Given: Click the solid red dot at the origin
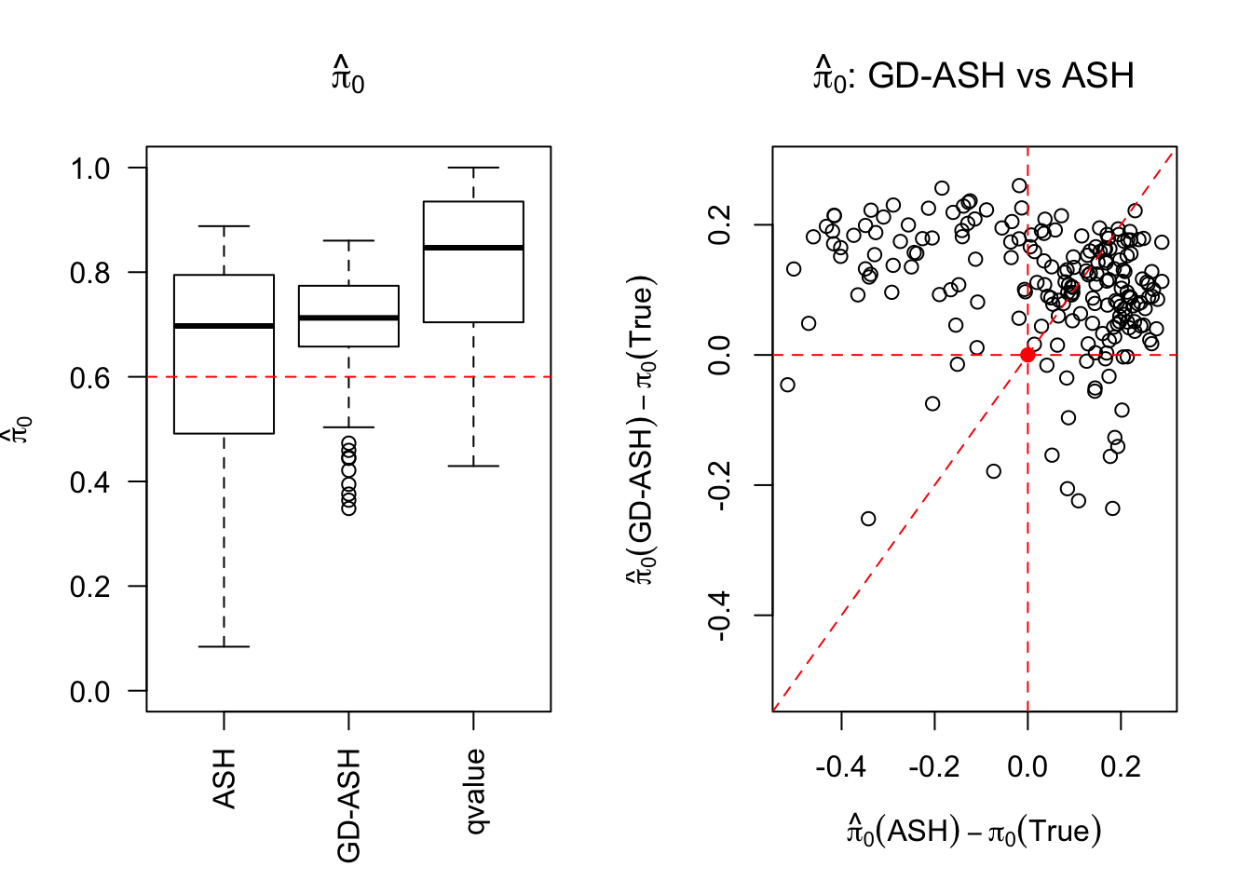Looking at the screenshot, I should coord(1027,355).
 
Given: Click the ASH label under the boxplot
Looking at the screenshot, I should coord(224,779).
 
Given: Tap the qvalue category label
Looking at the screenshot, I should coord(474,792).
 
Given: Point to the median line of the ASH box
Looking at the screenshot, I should coord(224,326).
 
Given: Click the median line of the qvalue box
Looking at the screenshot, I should coord(473,248).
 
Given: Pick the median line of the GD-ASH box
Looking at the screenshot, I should coord(348,318).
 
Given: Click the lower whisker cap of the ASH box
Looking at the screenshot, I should coord(224,646).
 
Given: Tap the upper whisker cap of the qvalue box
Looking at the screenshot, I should coord(473,168).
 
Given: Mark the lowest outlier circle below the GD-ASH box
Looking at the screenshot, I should coord(348,508).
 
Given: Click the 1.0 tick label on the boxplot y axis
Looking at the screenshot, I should coord(90,169).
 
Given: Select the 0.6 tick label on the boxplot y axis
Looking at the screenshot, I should coord(90,377).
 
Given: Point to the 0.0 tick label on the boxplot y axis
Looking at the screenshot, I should coord(90,692).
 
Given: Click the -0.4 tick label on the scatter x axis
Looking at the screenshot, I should coord(840,766).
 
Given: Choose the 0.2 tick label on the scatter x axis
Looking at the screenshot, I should coord(1121,766).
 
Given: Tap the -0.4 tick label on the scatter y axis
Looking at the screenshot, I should coord(720,616).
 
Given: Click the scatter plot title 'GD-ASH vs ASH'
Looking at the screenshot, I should coord(973,75).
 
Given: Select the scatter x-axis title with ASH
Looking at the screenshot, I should coord(973,830).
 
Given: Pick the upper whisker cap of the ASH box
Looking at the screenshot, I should coord(224,226).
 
